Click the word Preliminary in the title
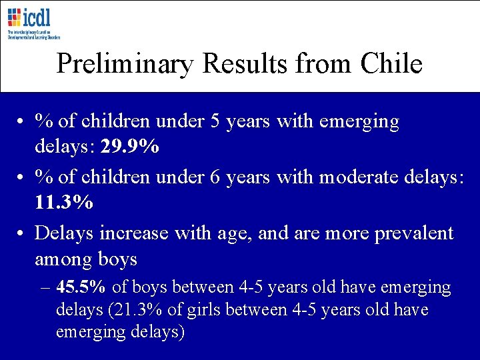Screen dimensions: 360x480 click(125, 63)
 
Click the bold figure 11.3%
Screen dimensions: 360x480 click(64, 202)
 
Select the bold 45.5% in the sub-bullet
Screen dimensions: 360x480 click(81, 287)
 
